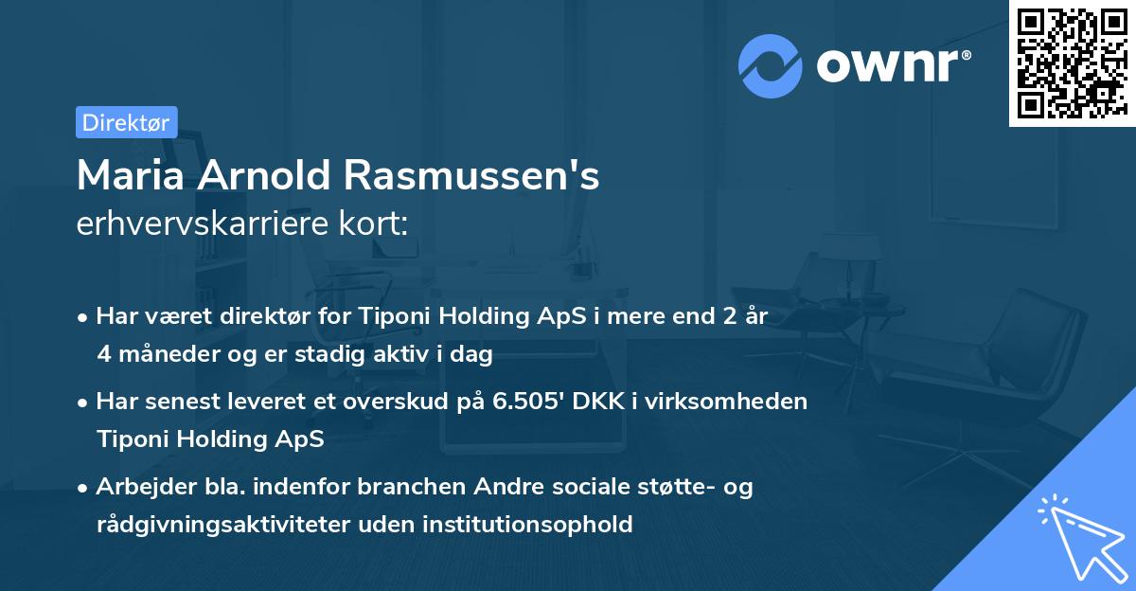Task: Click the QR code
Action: [x=1072, y=63]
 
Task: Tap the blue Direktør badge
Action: [x=126, y=122]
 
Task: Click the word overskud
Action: [x=417, y=401]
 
